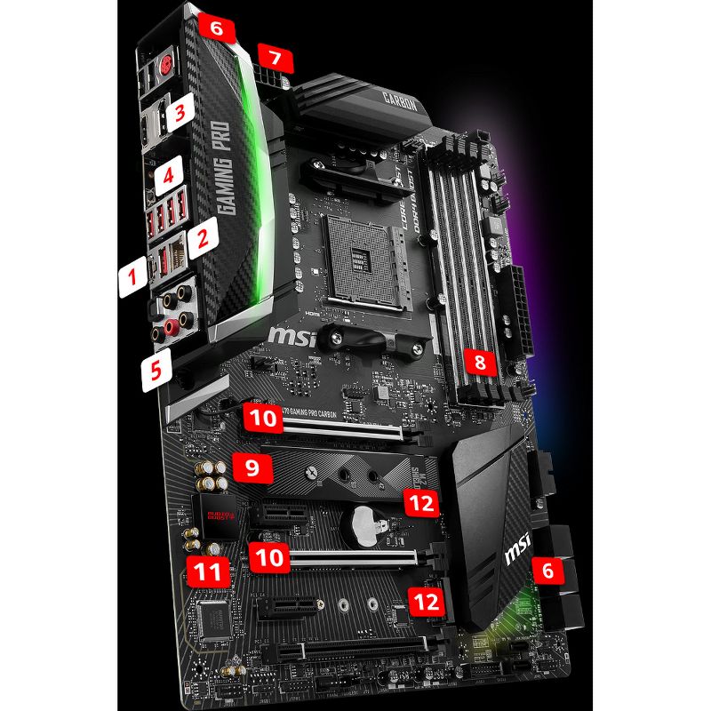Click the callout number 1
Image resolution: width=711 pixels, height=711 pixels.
132,278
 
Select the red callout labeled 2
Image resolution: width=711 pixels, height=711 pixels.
204,236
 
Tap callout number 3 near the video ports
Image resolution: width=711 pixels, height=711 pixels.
180,113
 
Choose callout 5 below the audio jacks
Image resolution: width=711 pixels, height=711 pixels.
156,369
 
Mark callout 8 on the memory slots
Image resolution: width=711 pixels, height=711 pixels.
480,362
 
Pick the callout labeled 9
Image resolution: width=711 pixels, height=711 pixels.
252,467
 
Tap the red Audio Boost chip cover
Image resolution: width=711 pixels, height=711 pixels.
214,515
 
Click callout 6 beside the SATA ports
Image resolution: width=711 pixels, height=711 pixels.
547,571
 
